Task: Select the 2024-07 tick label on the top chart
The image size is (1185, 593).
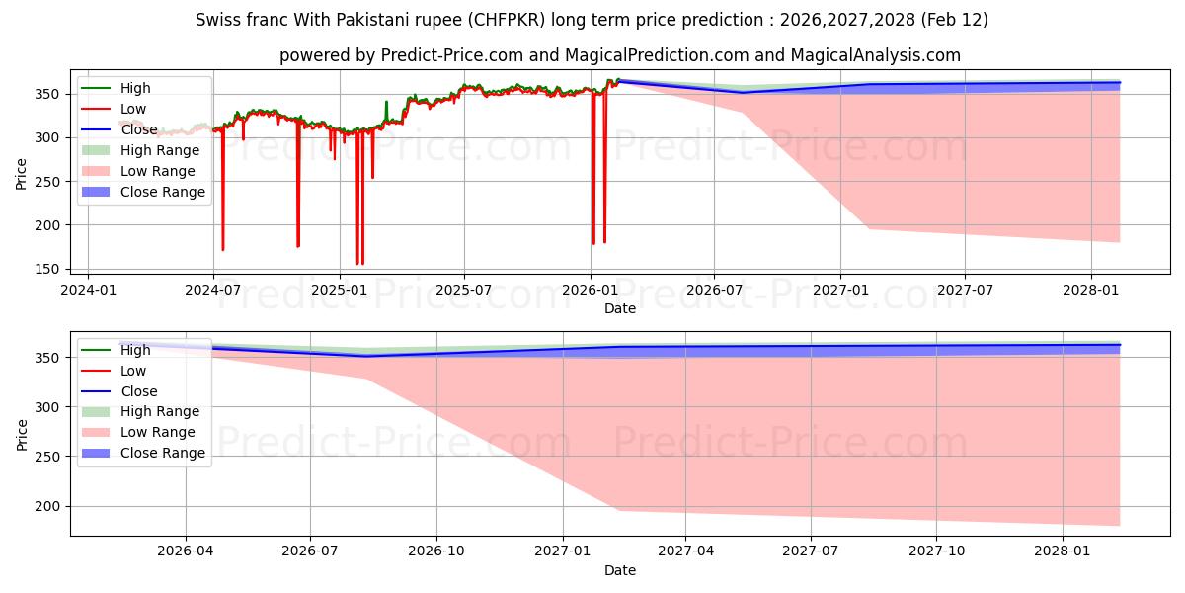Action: (213, 291)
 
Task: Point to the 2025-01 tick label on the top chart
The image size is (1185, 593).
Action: (339, 291)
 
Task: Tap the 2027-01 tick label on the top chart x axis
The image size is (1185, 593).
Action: (840, 291)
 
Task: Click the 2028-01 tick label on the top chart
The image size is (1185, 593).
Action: (1091, 291)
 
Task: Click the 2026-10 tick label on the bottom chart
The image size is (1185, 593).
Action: (436, 551)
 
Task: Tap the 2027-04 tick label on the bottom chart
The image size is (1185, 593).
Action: (686, 551)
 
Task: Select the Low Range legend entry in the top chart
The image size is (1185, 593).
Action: (157, 171)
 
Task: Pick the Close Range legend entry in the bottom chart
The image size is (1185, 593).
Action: (163, 453)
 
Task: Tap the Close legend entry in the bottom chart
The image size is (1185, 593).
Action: (138, 391)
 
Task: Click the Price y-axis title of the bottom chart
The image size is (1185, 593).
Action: (22, 434)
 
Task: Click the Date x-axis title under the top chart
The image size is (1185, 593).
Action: (620, 308)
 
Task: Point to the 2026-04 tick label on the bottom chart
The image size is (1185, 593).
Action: (186, 551)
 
